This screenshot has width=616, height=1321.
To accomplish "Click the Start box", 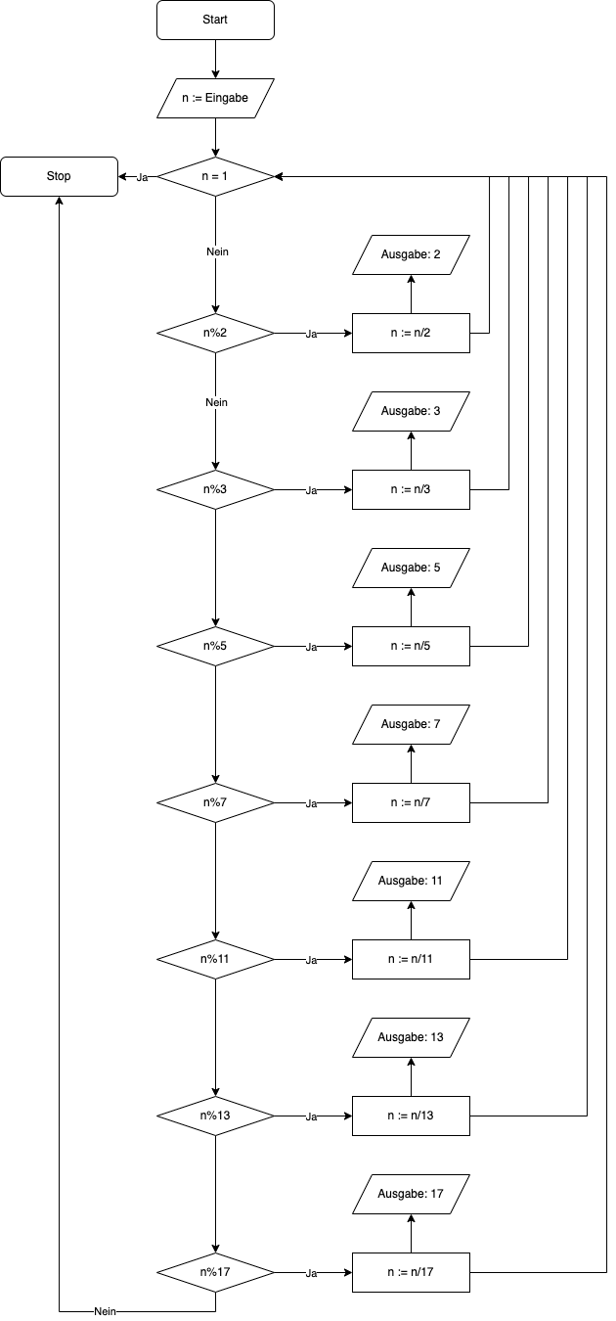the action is point(215,20).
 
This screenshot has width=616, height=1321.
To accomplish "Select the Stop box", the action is point(59,176).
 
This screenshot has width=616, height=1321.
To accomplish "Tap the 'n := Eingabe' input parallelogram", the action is point(215,98).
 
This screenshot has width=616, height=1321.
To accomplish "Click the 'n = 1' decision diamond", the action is point(215,176).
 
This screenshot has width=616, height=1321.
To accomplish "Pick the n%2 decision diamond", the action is point(215,334).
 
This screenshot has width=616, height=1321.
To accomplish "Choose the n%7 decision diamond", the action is point(215,802).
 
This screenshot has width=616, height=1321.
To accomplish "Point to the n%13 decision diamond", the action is point(215,1116).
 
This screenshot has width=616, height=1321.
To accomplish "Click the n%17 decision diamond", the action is point(215,1272).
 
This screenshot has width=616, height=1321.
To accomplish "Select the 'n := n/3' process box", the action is point(411,489).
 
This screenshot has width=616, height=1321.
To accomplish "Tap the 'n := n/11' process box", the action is point(411,960).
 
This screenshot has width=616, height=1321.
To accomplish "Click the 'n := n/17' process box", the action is point(411,1272).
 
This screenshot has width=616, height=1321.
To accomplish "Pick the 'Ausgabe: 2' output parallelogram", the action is point(411,254).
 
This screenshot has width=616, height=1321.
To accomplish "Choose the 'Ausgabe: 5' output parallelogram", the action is point(411,568).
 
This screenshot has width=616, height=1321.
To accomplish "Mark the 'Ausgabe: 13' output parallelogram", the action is point(411,1037).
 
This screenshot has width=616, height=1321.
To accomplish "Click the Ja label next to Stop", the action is point(142,177).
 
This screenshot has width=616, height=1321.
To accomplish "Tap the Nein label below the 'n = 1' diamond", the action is point(217,251).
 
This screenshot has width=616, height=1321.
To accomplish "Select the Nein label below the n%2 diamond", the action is point(216,403).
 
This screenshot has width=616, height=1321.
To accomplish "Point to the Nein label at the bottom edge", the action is point(105,1311).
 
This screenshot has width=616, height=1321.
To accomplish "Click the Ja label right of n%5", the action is point(311,647).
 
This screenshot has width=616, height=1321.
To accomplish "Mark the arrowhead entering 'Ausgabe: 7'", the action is point(411,749).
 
